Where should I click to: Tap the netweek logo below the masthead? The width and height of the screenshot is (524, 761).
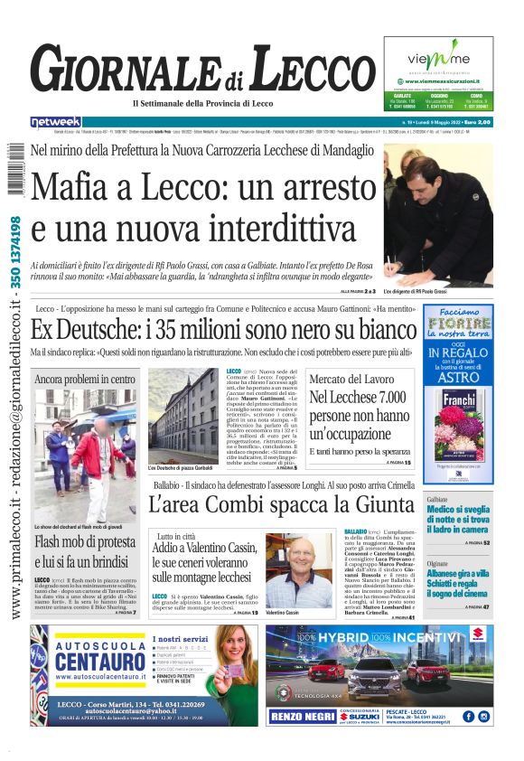pos(56,122)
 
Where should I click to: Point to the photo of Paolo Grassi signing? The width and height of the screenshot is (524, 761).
pos(437,218)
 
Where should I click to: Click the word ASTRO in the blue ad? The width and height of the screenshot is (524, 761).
pos(457,378)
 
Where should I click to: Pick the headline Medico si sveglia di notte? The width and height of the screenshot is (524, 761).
pos(458,521)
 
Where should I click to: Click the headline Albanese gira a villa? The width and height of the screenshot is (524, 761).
pos(458,580)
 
